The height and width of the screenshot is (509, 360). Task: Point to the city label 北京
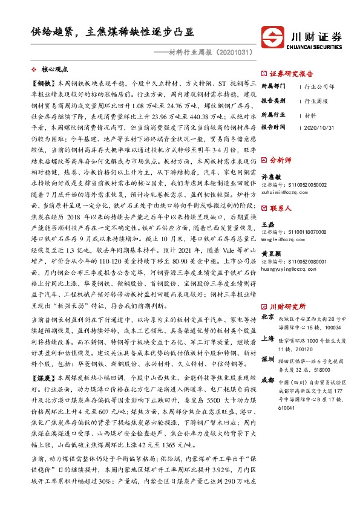(x=267, y=317)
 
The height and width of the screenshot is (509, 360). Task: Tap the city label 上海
(x=267, y=340)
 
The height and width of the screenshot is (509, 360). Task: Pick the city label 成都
(x=267, y=381)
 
